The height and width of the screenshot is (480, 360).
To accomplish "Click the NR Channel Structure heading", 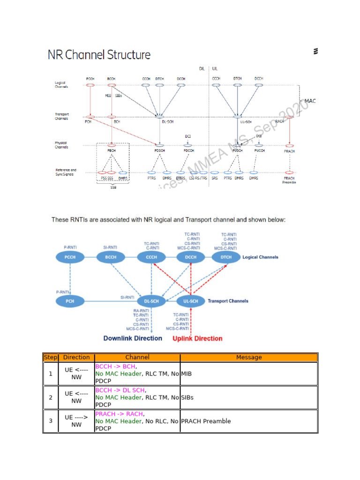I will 99,55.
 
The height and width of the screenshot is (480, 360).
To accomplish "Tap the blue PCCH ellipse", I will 70,257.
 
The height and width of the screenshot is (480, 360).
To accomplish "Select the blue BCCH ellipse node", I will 110,257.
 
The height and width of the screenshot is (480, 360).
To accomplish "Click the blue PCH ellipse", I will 70,300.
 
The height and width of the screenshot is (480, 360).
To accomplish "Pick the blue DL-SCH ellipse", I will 151,301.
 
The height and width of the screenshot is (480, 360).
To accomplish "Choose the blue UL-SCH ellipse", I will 191,301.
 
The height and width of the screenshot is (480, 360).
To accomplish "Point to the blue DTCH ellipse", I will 226,257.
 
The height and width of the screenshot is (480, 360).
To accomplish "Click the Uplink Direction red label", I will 197,338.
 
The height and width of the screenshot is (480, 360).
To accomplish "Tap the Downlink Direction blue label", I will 133,338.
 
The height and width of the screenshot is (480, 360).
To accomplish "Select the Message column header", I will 249,357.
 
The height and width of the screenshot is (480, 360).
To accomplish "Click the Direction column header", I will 76,357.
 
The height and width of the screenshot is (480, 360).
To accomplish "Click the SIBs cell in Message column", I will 187,397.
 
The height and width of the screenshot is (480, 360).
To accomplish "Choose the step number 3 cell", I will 50,421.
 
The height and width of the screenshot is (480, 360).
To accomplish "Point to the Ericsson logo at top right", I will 315,52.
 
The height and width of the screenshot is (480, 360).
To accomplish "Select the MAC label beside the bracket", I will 310,101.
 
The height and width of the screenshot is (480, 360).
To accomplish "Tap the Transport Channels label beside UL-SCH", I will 228,301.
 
